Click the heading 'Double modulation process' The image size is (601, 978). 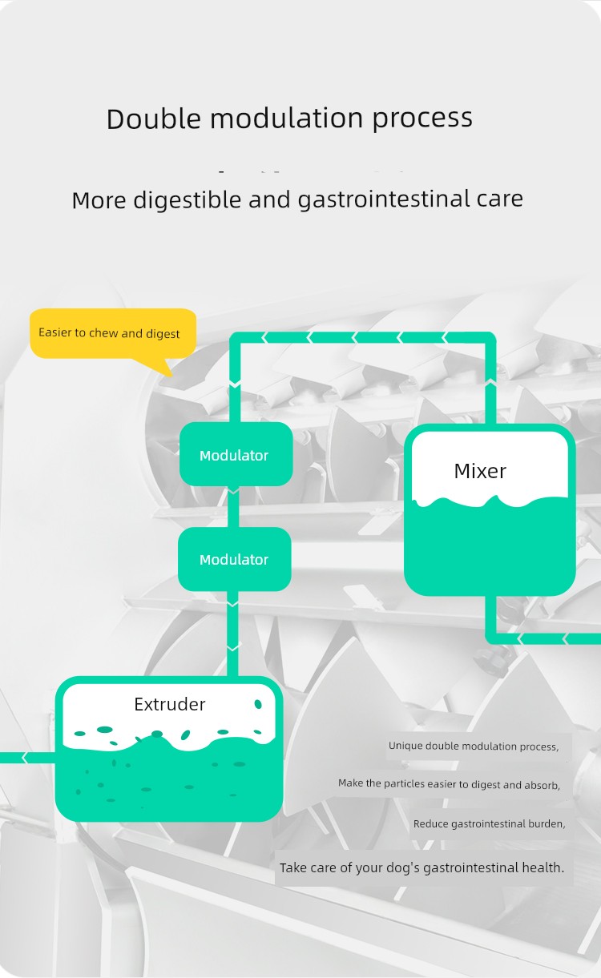[289, 119]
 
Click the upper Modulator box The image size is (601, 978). [235, 455]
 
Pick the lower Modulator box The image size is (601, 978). [234, 559]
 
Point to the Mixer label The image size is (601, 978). [480, 471]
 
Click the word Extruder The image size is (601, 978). [170, 704]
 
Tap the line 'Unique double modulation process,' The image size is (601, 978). [473, 746]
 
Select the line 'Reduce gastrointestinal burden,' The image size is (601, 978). [489, 823]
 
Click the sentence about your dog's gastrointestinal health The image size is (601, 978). [422, 867]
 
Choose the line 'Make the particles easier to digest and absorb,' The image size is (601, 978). [449, 783]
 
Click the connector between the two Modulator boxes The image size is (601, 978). [234, 506]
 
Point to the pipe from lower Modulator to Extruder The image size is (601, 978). [233, 633]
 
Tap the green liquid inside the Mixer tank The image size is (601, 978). [489, 545]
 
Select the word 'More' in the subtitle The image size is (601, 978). [99, 199]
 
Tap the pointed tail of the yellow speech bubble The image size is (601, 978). [164, 368]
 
